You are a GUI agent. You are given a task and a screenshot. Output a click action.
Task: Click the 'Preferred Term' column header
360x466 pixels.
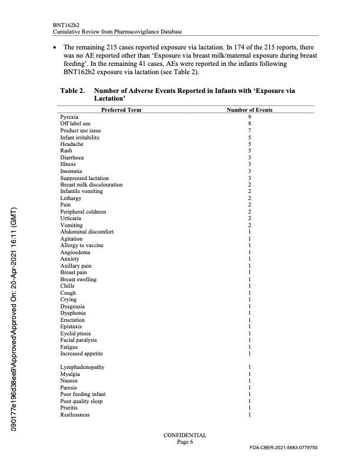(121, 110)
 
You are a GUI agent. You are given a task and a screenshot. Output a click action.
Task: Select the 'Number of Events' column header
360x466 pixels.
(249, 110)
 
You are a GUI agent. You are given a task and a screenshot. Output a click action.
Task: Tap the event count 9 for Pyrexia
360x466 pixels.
(250, 117)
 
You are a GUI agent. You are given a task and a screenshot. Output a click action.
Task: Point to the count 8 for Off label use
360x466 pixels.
(250, 124)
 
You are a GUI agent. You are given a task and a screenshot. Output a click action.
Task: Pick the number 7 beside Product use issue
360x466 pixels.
(250, 131)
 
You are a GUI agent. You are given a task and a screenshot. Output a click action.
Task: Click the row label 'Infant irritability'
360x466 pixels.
(80, 138)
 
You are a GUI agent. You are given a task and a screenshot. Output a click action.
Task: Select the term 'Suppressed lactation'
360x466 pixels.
(84, 178)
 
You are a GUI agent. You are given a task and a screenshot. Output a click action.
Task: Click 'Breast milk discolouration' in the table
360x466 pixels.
(91, 185)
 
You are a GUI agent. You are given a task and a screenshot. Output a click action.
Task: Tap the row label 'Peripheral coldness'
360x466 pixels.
(83, 212)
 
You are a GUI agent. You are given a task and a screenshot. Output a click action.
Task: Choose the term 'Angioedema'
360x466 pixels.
(74, 252)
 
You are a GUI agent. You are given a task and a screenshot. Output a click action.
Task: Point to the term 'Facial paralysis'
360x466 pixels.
(78, 340)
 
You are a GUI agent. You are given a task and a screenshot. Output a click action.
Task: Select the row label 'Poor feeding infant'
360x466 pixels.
(83, 394)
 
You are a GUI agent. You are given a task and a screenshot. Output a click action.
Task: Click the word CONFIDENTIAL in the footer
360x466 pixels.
(185, 435)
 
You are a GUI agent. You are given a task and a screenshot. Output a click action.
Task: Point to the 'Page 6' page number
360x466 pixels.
(185, 442)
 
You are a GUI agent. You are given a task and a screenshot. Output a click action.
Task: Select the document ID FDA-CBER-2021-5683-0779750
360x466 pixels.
(284, 448)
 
